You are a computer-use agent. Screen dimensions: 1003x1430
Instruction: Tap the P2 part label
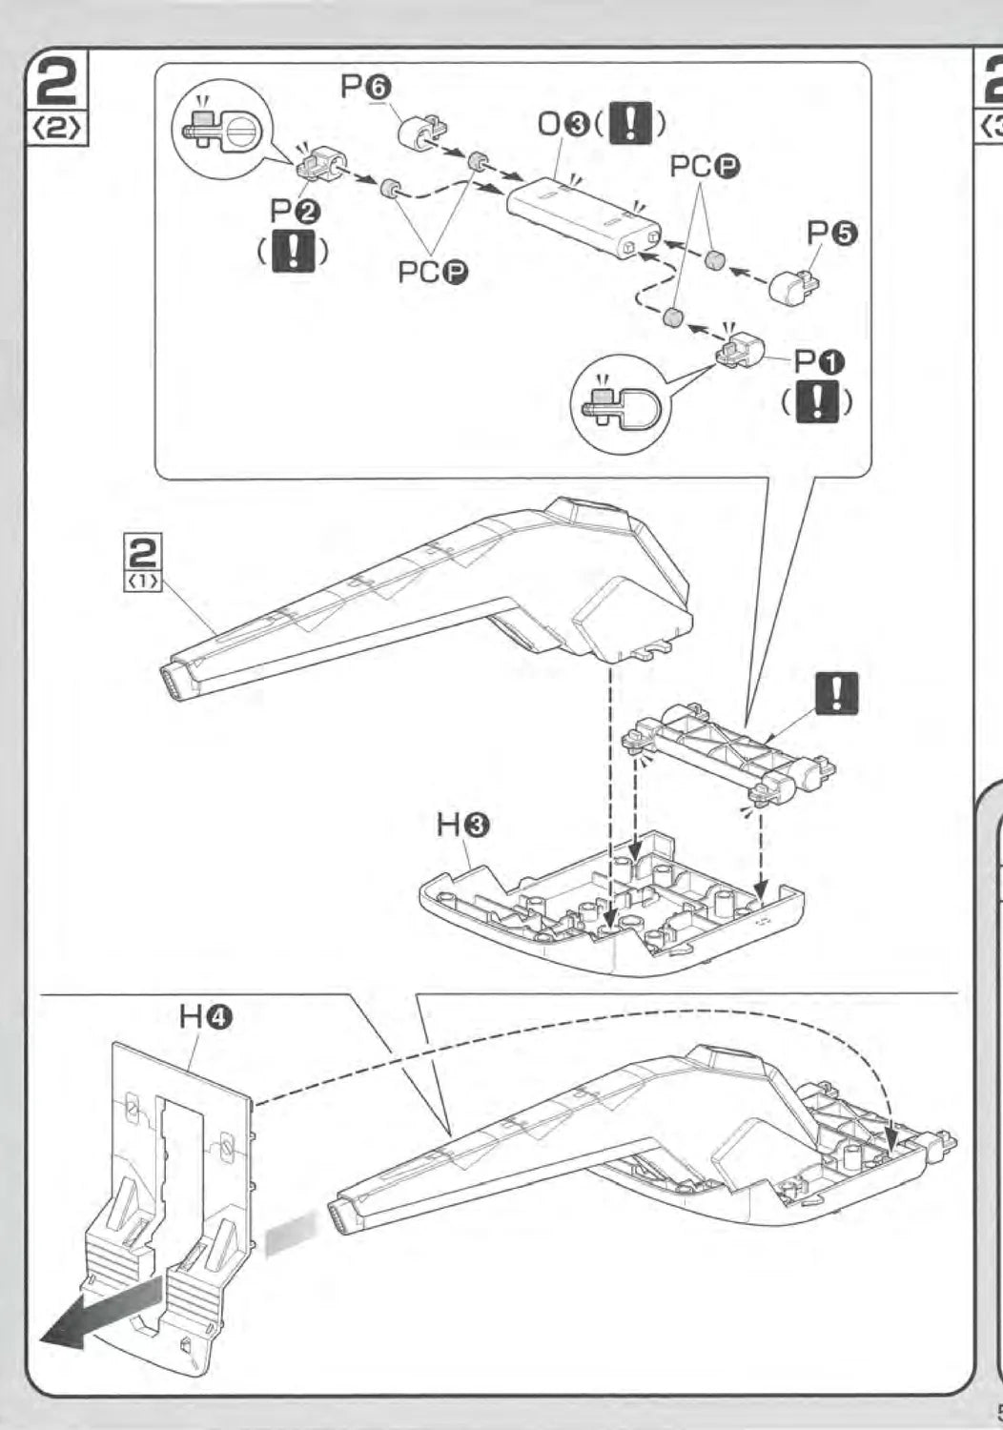(x=295, y=210)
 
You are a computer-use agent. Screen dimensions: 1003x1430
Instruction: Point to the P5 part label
(x=832, y=235)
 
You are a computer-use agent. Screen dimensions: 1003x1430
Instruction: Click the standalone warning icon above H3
(x=837, y=693)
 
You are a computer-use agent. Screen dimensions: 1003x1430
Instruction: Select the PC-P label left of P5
(x=705, y=168)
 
